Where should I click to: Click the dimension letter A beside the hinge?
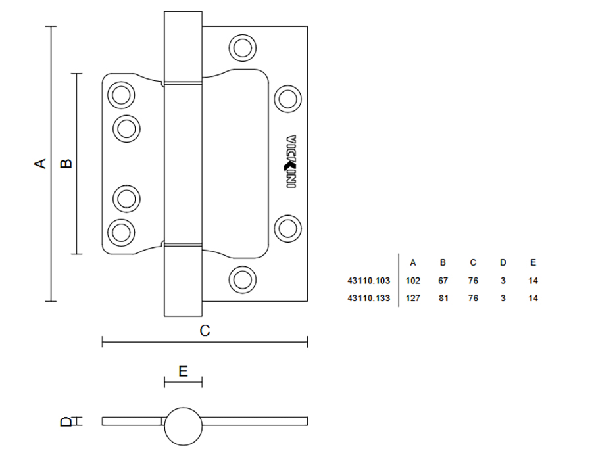(x=41, y=163)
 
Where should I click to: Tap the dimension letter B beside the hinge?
(x=66, y=163)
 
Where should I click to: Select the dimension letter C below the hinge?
(x=205, y=331)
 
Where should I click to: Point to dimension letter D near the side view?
(x=66, y=421)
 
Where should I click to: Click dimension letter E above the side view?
(x=184, y=371)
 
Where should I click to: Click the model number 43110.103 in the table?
(x=369, y=281)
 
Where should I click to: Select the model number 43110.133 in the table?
(x=369, y=298)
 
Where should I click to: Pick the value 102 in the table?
(x=413, y=281)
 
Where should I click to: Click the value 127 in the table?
(x=413, y=298)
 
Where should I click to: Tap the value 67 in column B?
(x=443, y=281)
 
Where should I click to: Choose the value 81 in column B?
(x=443, y=298)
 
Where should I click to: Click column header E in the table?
(x=533, y=263)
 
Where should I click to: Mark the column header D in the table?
(x=503, y=263)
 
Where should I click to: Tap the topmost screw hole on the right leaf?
(x=241, y=47)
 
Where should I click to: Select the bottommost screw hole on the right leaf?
(x=241, y=278)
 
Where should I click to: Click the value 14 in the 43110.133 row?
(x=533, y=298)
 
